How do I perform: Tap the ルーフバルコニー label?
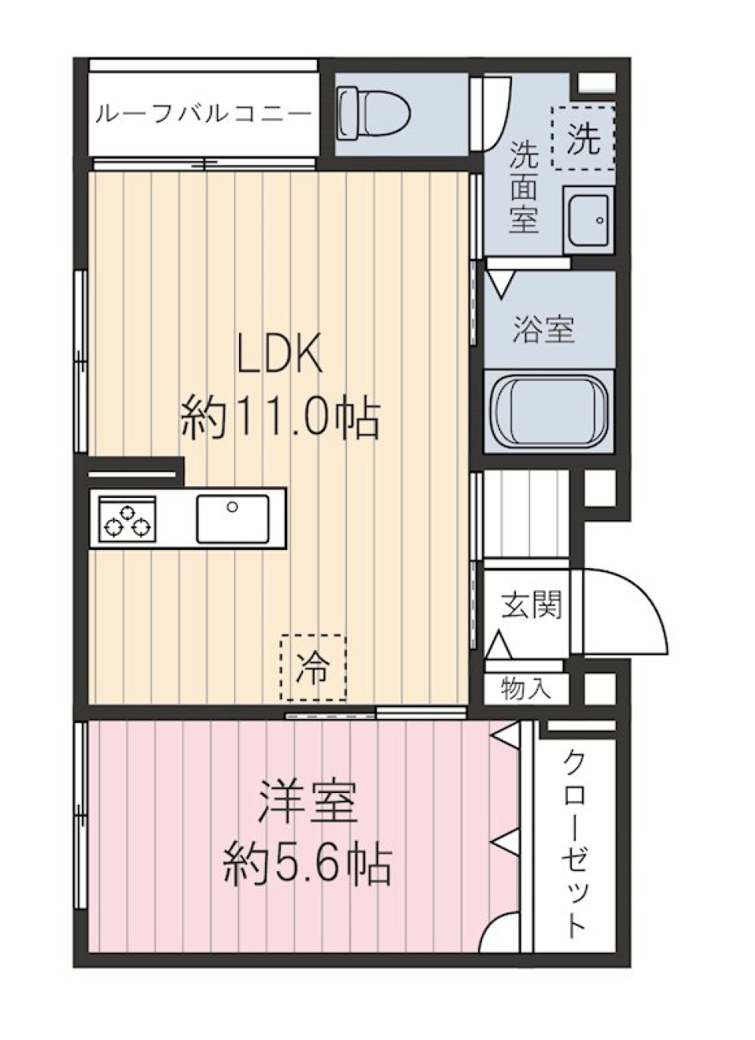203,115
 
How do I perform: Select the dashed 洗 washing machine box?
583,138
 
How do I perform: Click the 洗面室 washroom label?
523,187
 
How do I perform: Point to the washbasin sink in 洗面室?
587,219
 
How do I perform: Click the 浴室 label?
543,328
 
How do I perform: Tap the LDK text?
280,356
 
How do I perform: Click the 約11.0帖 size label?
280,417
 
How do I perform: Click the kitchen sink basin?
232,518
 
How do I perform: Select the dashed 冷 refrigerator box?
312,668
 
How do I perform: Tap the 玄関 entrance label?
532,605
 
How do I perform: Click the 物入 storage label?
525,689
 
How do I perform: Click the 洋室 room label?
308,802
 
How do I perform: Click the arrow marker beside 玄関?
498,646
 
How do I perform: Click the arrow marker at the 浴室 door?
499,282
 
